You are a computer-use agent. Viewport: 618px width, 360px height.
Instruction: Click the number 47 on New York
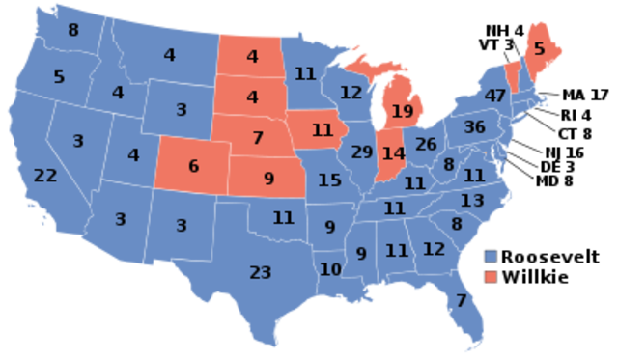(496, 97)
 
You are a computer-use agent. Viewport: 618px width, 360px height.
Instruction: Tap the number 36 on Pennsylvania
(474, 127)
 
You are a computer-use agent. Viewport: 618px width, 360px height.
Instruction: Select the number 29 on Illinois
(362, 152)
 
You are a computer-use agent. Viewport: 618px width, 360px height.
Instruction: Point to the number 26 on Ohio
(426, 145)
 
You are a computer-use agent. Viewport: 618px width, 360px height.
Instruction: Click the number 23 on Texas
(260, 272)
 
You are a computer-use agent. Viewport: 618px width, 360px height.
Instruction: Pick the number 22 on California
(45, 176)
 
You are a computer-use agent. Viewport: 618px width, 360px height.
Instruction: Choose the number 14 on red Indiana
(393, 153)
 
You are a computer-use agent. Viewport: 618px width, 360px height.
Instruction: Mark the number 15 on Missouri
(329, 180)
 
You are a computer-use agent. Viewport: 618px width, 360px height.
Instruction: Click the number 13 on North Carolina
(472, 201)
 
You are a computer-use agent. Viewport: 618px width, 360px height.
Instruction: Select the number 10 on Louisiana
(330, 269)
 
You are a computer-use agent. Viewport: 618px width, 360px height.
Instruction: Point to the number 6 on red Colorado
(193, 166)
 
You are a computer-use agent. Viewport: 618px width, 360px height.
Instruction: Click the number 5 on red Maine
(540, 48)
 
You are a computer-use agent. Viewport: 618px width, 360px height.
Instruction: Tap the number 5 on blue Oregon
(59, 76)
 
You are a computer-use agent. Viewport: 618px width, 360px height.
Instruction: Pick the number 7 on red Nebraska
(258, 138)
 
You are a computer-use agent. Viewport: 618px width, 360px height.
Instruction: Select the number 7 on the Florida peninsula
(461, 300)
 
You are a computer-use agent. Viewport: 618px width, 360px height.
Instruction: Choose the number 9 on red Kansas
(268, 179)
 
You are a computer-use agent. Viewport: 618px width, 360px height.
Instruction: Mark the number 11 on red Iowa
(323, 129)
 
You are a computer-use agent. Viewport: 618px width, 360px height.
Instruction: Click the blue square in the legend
(492, 257)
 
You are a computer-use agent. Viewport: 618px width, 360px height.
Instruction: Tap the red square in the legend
(492, 277)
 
